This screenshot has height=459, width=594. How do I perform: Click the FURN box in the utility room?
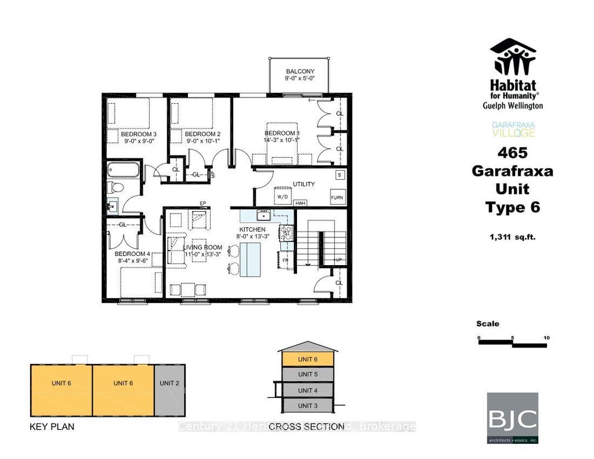(x=337, y=197)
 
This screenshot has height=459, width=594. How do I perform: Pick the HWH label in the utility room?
(x=300, y=203)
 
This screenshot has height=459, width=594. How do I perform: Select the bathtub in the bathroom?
(x=123, y=170)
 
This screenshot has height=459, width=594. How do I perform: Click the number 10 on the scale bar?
(x=546, y=337)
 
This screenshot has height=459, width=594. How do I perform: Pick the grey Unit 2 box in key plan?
(x=169, y=383)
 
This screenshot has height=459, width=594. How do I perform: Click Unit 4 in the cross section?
(x=308, y=391)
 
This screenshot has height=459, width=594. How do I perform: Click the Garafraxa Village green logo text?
(x=513, y=129)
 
